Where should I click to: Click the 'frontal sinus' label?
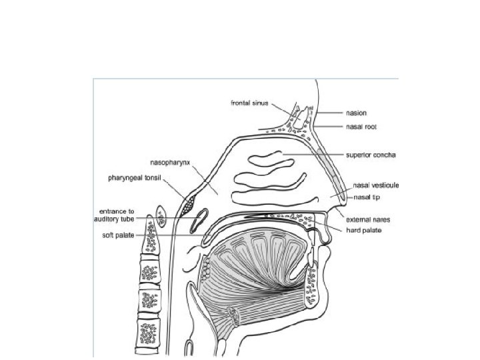(250, 103)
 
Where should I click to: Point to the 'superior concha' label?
(371, 155)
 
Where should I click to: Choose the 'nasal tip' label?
(366, 197)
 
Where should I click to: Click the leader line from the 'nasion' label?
(329, 113)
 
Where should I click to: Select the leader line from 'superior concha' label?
(313, 155)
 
